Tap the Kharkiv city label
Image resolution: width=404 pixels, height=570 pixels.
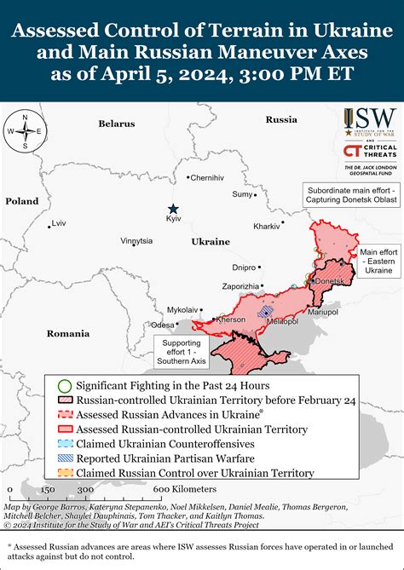tap(267, 227)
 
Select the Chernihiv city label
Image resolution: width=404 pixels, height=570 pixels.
tap(207, 178)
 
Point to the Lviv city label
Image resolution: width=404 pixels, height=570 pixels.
tap(58, 223)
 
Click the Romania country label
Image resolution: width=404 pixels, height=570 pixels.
tap(68, 333)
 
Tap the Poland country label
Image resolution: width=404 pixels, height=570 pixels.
tap(22, 201)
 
